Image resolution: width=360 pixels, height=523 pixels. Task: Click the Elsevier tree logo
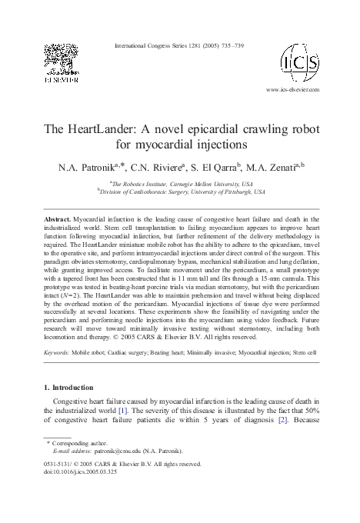(60, 59)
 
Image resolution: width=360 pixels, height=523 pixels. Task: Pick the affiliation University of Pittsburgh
(222, 192)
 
